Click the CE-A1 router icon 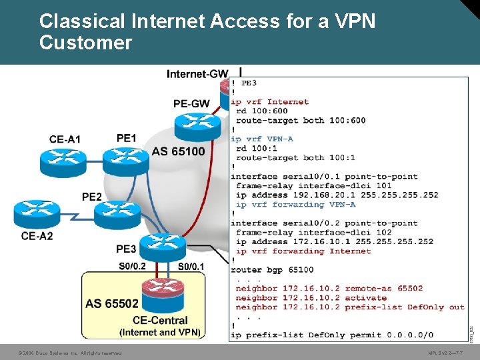64,158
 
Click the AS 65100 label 179,151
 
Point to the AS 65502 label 112,304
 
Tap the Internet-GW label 197,74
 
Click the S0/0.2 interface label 133,267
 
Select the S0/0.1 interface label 191,267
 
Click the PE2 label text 92,197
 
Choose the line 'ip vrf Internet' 269,102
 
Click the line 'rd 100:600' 262,111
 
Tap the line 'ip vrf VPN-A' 261,139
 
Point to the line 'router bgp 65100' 272,270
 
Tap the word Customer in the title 86,43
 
